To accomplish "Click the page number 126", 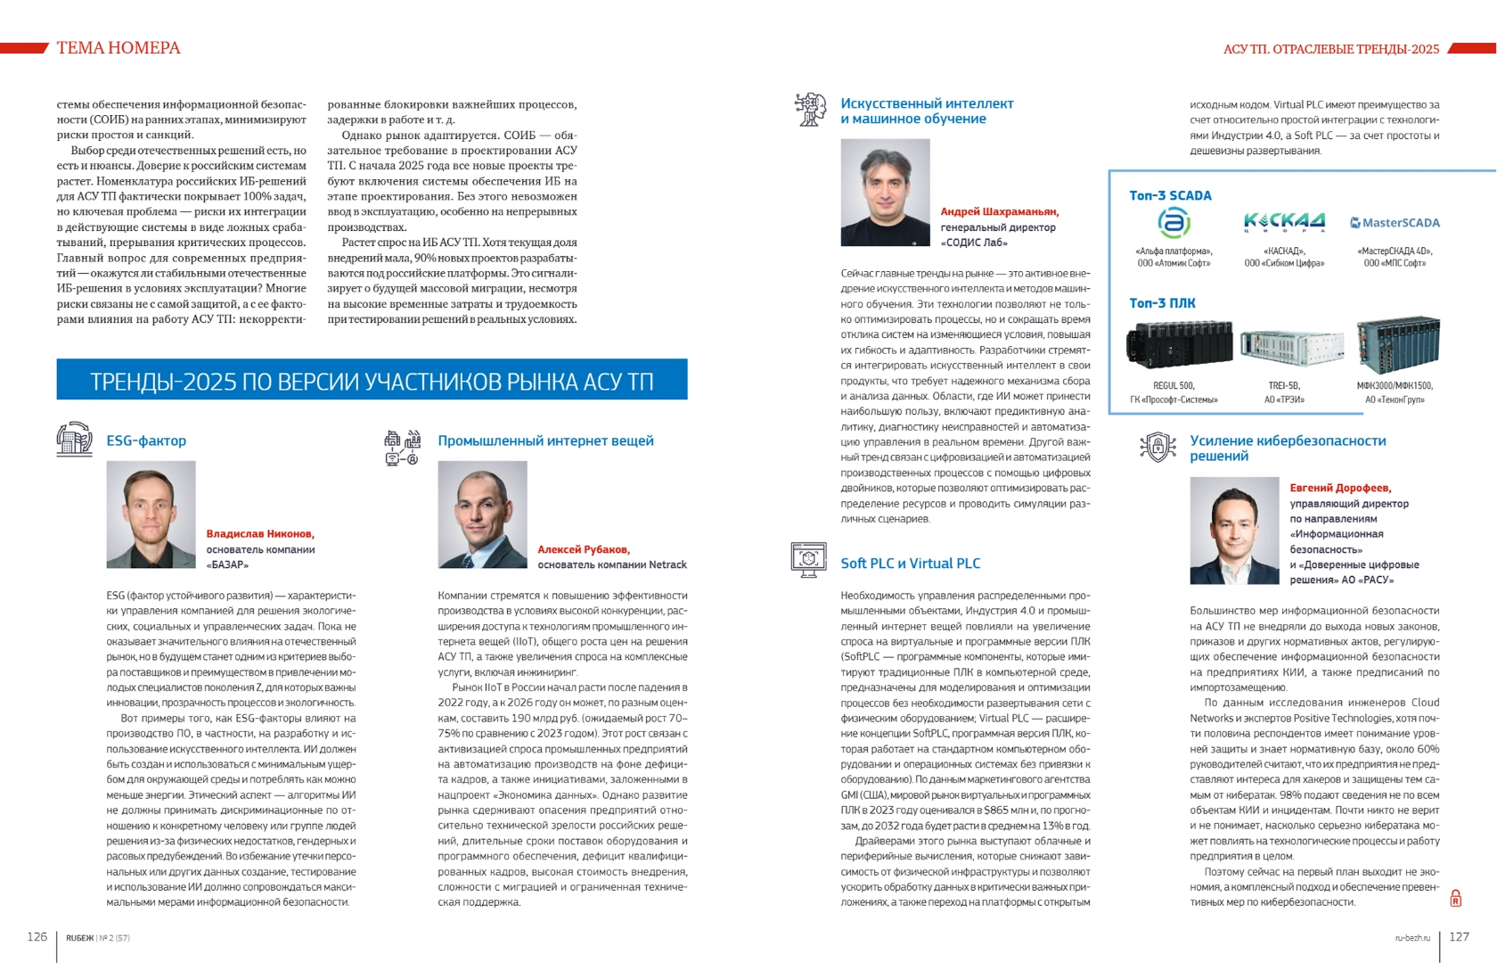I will [x=37, y=936].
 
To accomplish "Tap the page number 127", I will [x=1459, y=936].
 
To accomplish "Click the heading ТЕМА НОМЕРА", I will [x=119, y=48].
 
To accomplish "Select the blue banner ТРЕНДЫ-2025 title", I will [x=372, y=381].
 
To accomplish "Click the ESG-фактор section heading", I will [x=146, y=440].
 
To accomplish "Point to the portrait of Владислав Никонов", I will [x=151, y=514].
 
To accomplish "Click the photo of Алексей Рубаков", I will [x=482, y=514].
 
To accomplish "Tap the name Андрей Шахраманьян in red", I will [x=999, y=211].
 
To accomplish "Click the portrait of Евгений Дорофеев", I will [x=1234, y=531].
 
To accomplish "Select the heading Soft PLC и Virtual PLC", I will [x=910, y=564].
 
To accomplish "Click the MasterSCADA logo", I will [x=1395, y=223].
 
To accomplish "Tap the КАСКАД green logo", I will [x=1284, y=221].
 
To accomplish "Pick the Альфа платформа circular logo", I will [x=1174, y=222].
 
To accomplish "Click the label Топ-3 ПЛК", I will [x=1162, y=303].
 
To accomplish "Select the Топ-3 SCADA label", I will [x=1170, y=195].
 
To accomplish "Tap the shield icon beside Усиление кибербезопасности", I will [x=1158, y=446].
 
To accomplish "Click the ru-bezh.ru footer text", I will [x=1412, y=938].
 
